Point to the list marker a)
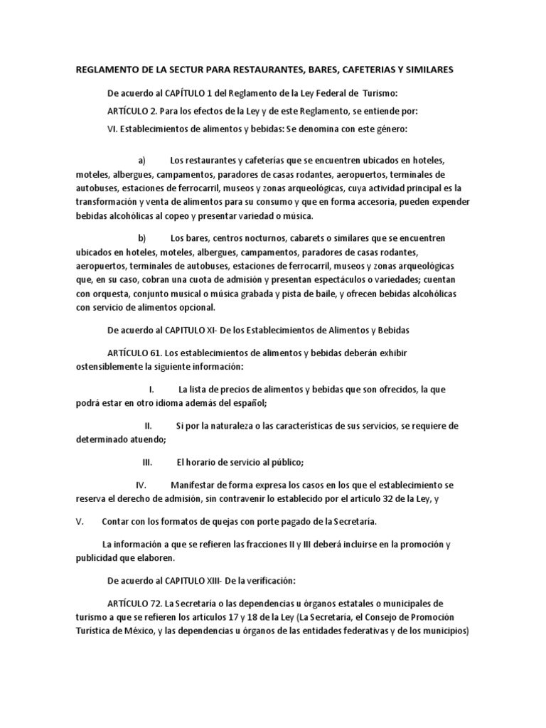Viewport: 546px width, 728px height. pyautogui.click(x=141, y=161)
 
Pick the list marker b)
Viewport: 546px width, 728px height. pyautogui.click(x=141, y=237)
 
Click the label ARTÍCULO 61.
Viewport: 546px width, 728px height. pyautogui.click(x=135, y=353)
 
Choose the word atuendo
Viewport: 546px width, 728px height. pyautogui.click(x=146, y=439)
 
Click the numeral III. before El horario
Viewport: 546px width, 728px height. pyautogui.click(x=148, y=462)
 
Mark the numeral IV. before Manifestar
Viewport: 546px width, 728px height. pyautogui.click(x=141, y=485)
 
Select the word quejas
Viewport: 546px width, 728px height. pyautogui.click(x=247, y=521)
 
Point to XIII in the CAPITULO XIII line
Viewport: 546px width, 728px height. pyautogui.click(x=231, y=581)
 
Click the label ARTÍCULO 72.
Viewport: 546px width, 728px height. pyautogui.click(x=135, y=604)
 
